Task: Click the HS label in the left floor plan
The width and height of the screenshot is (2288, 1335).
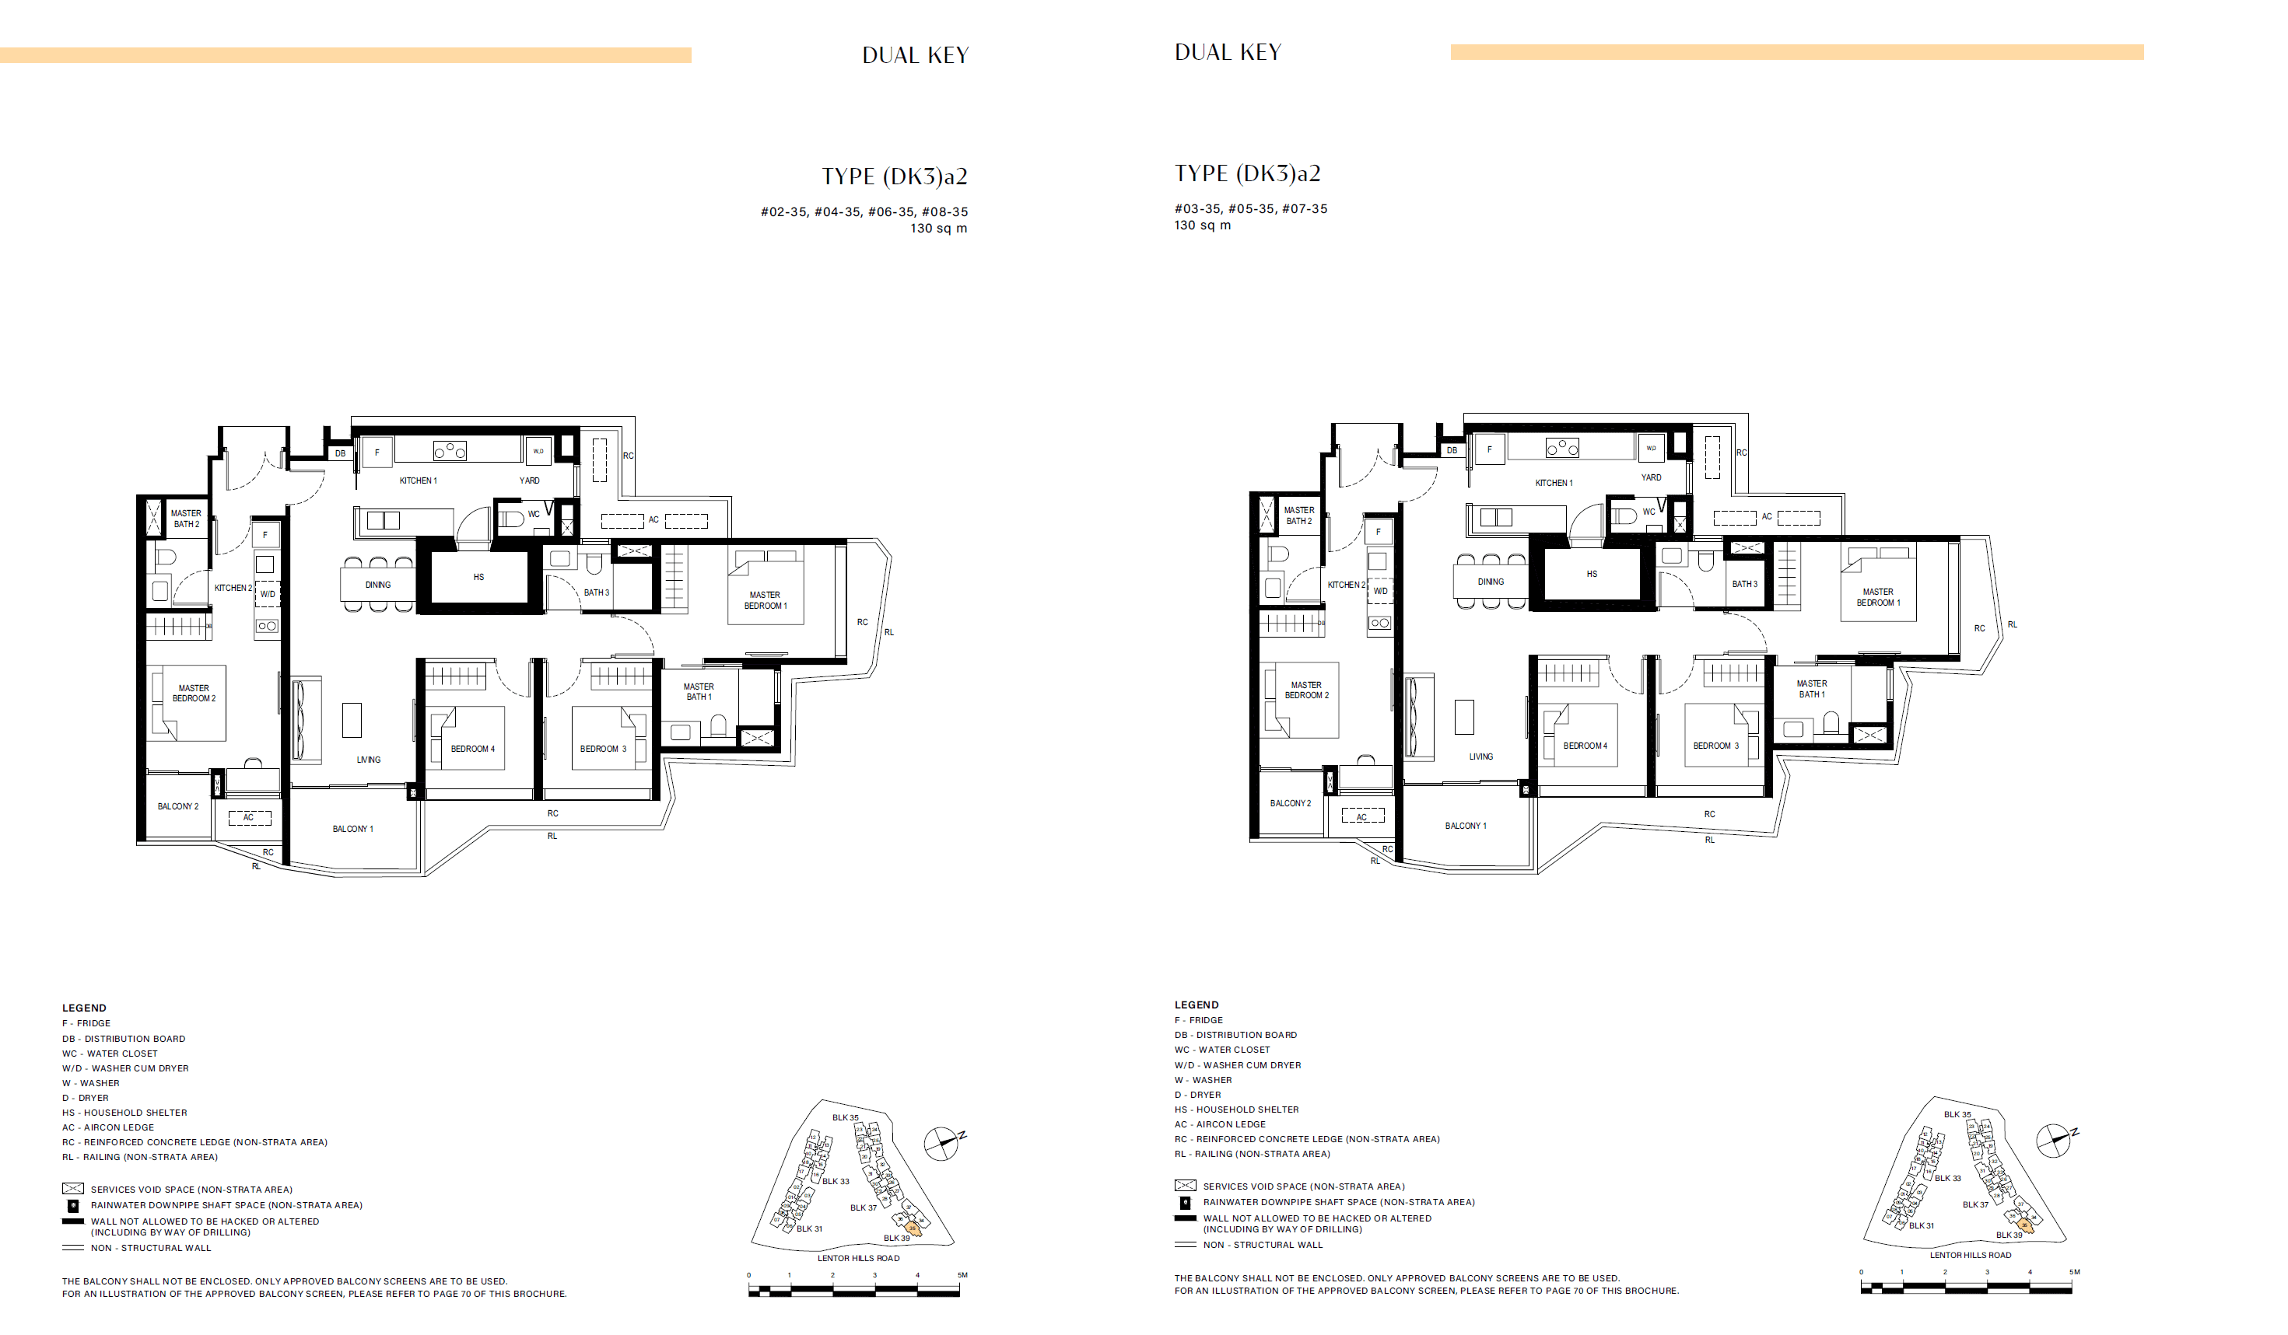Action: tap(478, 577)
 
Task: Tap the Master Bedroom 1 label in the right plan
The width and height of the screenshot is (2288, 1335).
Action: tap(1877, 597)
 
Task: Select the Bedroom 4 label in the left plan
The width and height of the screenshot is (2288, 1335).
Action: tap(472, 749)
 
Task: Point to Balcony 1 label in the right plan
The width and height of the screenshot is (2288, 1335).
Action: tap(1466, 826)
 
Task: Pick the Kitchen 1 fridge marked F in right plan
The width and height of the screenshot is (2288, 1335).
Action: tap(1489, 449)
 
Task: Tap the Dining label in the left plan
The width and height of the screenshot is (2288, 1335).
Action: tap(377, 585)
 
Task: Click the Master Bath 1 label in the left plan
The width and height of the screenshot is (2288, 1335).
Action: tap(698, 691)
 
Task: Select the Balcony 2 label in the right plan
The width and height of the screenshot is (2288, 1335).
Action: tap(1289, 803)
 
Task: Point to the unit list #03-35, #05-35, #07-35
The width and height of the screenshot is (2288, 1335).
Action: tap(1250, 208)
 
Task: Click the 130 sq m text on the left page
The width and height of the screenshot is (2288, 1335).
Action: tap(938, 229)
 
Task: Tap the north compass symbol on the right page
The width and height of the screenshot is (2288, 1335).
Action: tap(2053, 1140)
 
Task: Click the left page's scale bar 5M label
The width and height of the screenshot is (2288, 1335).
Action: tap(962, 1275)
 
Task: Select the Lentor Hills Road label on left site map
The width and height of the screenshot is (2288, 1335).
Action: tap(858, 1258)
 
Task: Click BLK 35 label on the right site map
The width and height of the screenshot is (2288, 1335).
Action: tap(1957, 1114)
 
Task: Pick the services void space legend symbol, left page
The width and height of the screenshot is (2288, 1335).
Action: tap(72, 1189)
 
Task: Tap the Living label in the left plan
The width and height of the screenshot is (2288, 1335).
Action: tap(369, 760)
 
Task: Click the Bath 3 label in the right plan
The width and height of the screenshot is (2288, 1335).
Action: tap(1744, 585)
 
